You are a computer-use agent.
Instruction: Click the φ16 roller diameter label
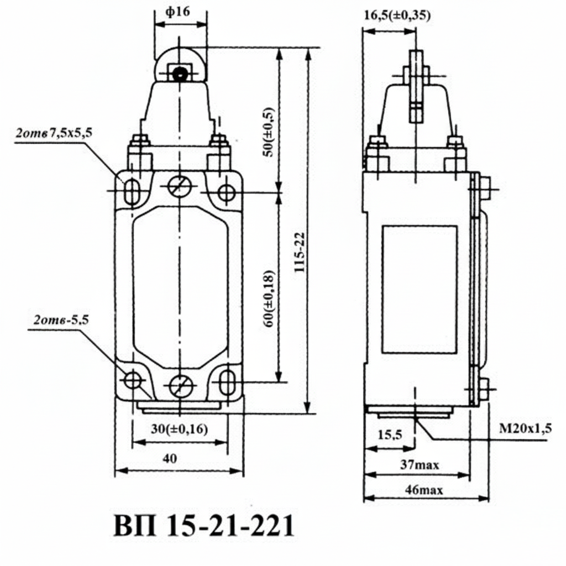click(180, 12)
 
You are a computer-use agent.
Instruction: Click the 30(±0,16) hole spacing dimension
click(180, 429)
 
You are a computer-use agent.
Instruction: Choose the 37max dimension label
click(420, 465)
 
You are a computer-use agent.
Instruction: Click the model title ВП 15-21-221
click(203, 527)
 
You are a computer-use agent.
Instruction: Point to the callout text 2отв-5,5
click(61, 319)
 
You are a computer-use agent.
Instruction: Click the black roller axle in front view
click(179, 74)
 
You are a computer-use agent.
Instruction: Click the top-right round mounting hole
click(226, 193)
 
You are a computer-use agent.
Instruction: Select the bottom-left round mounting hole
click(133, 380)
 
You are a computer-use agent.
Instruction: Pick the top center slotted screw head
click(180, 187)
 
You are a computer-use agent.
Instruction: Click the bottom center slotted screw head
click(180, 385)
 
